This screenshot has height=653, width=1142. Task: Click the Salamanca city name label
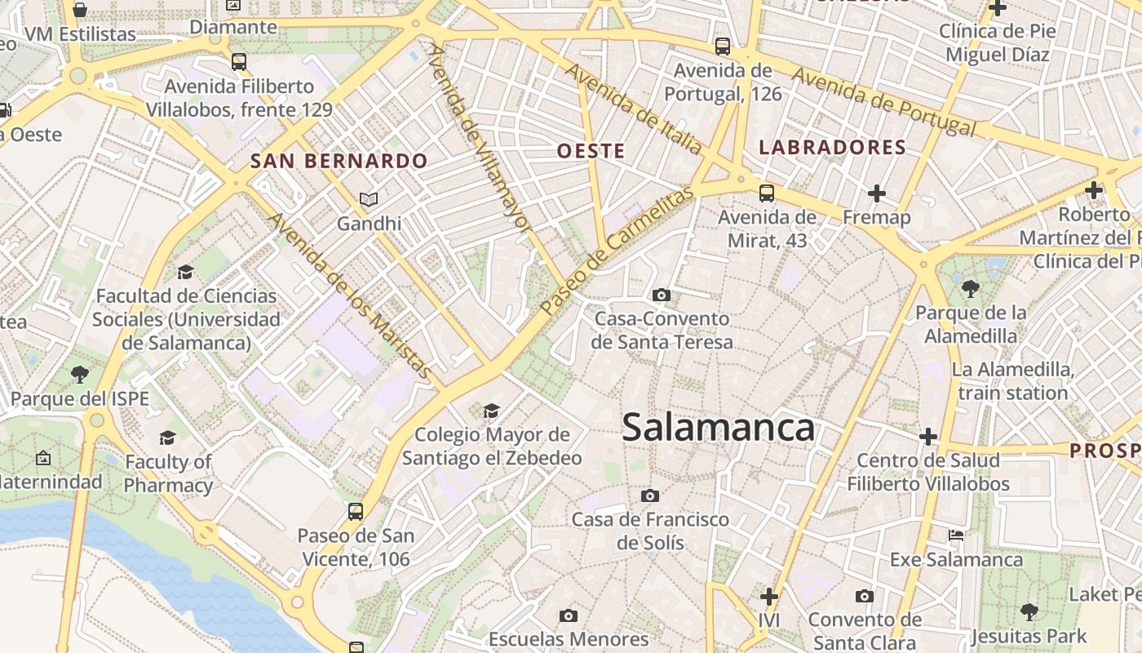[719, 428]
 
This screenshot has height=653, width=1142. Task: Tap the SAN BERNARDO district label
[339, 161]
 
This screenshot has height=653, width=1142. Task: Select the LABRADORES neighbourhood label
[832, 148]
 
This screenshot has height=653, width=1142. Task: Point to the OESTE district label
[591, 151]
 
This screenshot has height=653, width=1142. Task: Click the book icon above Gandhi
[369, 199]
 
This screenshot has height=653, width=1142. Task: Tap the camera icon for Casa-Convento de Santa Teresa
[662, 295]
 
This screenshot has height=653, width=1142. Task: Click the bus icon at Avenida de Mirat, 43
[767, 193]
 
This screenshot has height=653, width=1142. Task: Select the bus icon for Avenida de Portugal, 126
[723, 47]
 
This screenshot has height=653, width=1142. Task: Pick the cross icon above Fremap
[877, 193]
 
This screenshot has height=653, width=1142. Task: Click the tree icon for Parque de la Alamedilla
[971, 288]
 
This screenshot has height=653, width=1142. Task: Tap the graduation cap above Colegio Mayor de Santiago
[491, 410]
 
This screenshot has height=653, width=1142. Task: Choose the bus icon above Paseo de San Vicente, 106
[356, 512]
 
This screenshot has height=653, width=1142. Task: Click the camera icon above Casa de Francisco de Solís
[650, 495]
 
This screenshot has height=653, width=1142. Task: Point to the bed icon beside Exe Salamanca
[956, 536]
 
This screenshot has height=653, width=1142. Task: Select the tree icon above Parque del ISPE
[79, 375]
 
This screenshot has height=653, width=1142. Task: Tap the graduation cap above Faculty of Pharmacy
[168, 438]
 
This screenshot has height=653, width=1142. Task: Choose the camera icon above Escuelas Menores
[569, 615]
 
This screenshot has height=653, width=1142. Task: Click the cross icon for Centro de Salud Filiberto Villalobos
[927, 437]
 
